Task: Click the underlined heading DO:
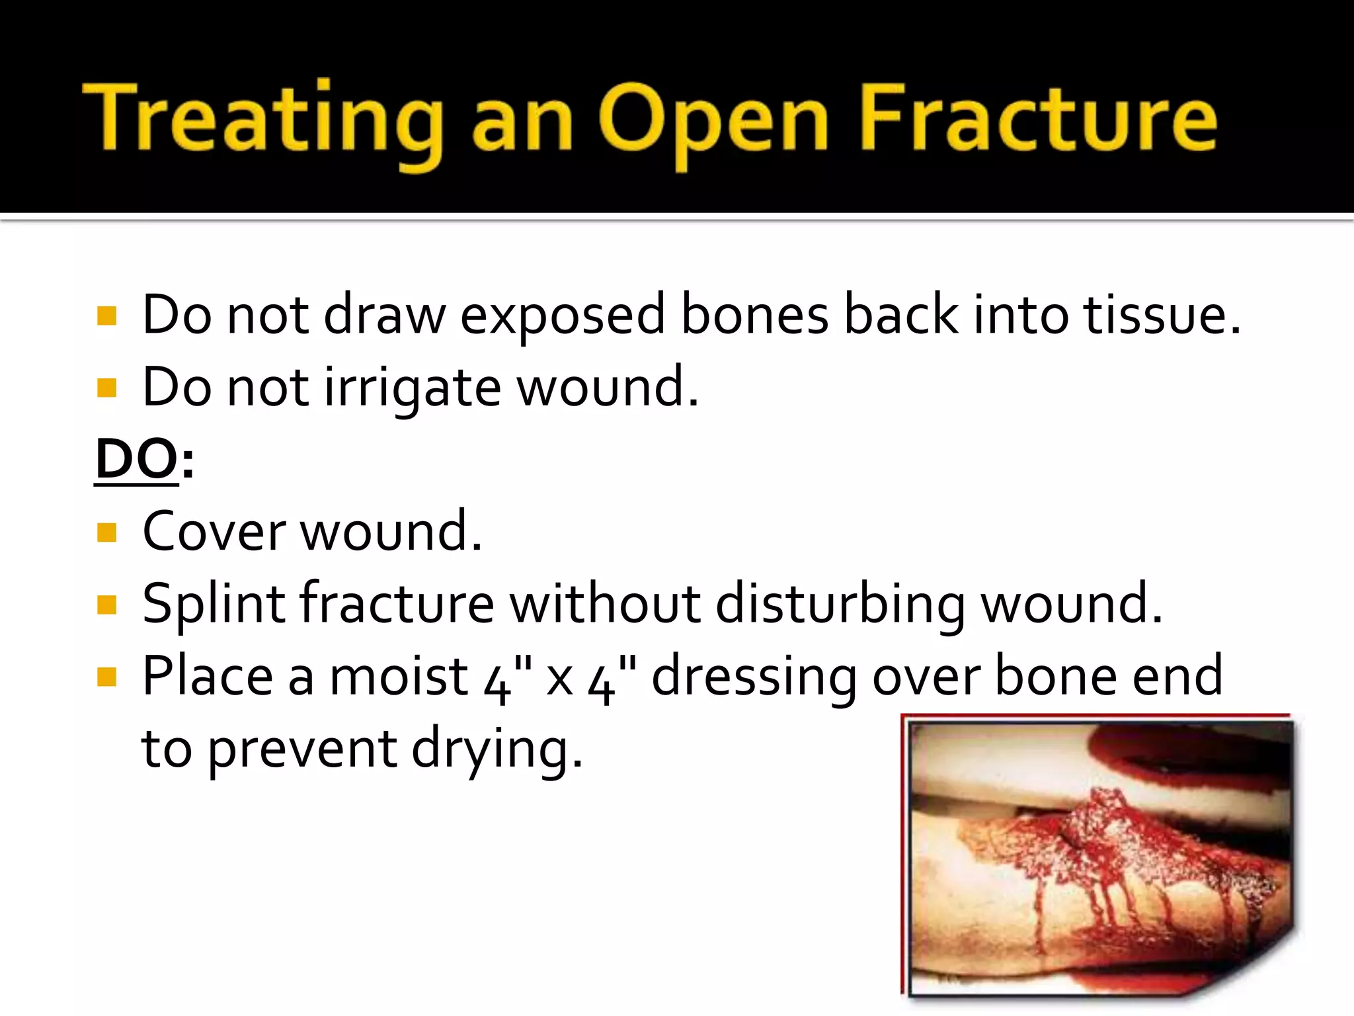coord(143,459)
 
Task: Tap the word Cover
coord(214,532)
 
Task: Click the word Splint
coord(214,605)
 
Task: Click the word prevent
coord(303,751)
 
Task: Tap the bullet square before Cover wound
coord(106,532)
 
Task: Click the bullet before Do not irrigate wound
coord(106,387)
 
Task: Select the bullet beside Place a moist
coord(106,677)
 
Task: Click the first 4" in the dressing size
coord(506,678)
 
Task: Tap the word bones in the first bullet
coord(754,315)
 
